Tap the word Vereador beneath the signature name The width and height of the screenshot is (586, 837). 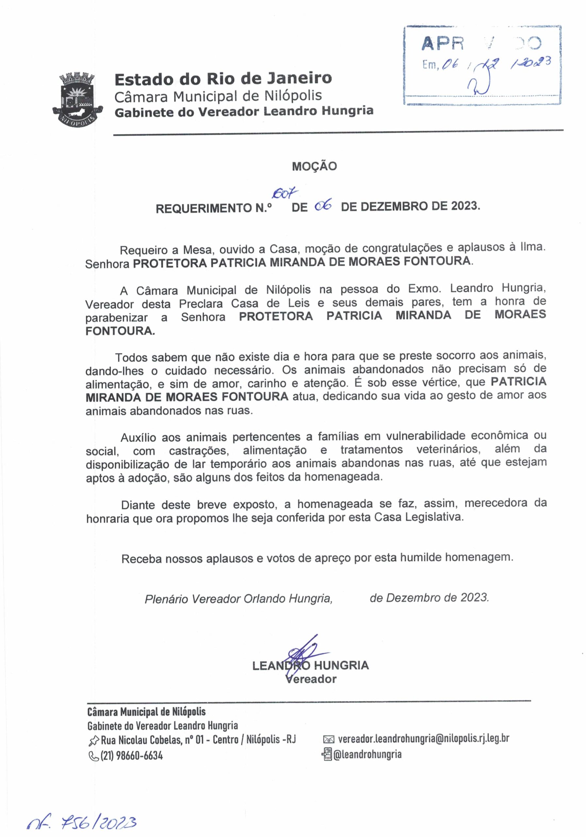point(312,679)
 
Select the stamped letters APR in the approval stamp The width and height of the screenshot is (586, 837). point(442,44)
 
